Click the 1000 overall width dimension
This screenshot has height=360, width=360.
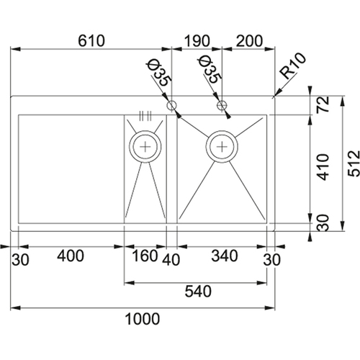(x=143, y=319)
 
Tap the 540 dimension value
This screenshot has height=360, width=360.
(x=198, y=292)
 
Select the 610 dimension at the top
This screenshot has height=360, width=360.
(x=91, y=41)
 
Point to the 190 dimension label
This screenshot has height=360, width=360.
(x=197, y=41)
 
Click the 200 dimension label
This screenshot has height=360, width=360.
(x=250, y=41)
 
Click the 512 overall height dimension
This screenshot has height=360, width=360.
(x=354, y=163)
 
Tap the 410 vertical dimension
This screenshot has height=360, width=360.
(x=323, y=167)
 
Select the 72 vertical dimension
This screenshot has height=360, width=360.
(x=323, y=104)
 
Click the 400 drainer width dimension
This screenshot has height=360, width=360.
(x=71, y=256)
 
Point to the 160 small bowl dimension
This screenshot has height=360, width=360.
(x=145, y=256)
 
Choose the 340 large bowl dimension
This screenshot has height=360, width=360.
(x=225, y=256)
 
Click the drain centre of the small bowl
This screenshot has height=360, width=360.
(x=145, y=147)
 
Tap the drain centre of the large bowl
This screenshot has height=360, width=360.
(x=222, y=147)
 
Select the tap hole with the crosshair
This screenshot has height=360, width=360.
(x=222, y=105)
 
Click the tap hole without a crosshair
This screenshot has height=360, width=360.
(x=172, y=105)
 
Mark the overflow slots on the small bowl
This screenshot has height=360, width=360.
(x=145, y=116)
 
